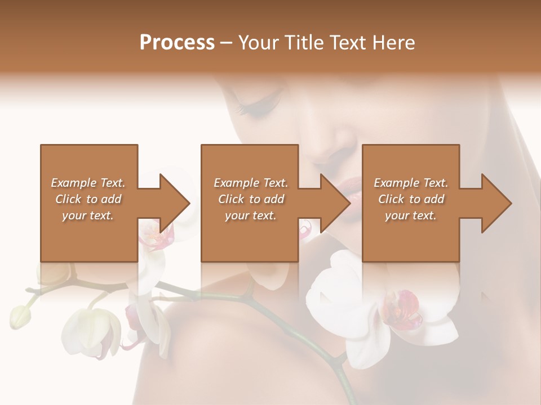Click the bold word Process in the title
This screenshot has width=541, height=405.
point(177,42)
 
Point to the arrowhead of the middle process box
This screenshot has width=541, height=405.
point(335,203)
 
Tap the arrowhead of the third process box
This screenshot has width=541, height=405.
point(496,203)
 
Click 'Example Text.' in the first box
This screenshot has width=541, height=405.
point(88,182)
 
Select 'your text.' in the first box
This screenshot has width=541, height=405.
point(88,215)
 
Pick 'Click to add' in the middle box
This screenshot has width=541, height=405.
point(251,199)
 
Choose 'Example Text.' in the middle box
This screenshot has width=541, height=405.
point(251,182)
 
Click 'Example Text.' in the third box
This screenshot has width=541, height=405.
point(411,182)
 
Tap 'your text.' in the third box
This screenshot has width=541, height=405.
point(411,215)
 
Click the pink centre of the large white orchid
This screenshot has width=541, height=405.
point(401,310)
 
